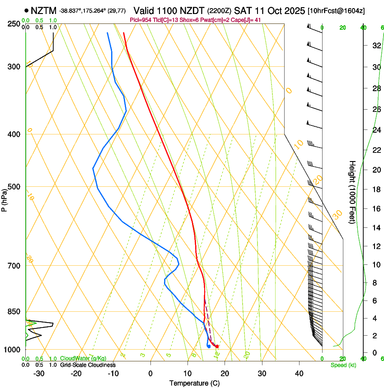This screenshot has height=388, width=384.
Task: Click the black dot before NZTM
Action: [27, 10]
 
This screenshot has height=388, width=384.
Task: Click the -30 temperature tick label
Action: [39, 373]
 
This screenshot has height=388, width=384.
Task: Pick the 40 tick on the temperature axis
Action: [299, 373]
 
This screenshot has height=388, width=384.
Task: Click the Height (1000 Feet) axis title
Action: [352, 192]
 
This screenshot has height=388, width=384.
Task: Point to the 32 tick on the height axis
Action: [375, 45]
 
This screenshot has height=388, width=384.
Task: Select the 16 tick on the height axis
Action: [375, 209]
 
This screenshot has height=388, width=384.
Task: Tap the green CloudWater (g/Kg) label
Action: [83, 358]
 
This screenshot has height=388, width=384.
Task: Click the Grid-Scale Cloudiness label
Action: [88, 365]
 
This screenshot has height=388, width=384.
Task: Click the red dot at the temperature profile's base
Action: [217, 346]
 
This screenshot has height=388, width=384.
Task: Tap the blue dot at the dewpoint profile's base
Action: [209, 346]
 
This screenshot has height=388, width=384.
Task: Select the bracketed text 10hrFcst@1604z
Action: [337, 10]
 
